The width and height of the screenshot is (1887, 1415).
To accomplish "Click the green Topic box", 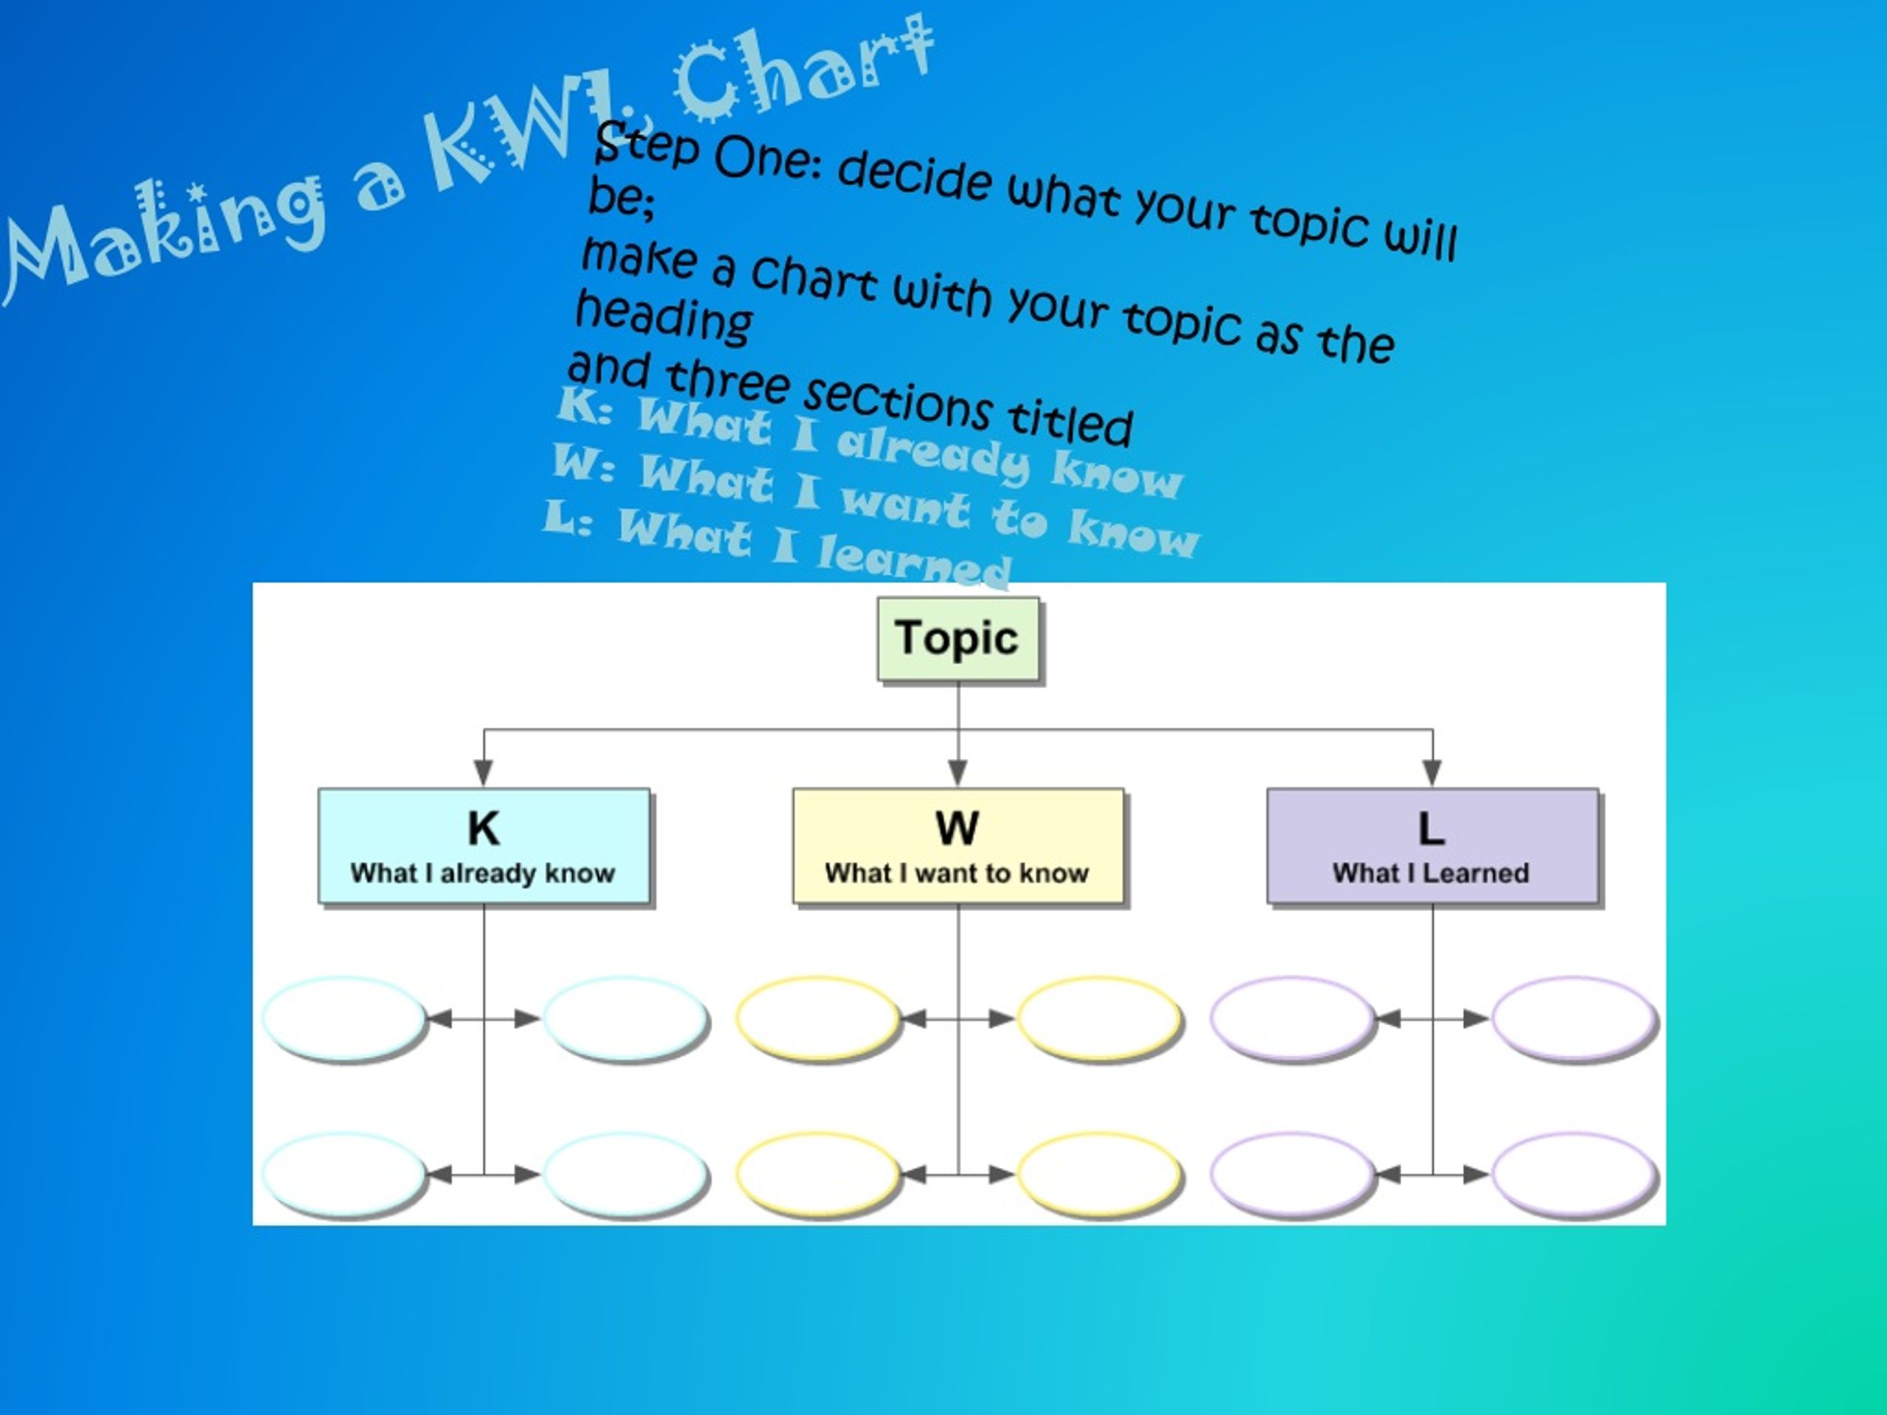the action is pyautogui.click(x=958, y=639).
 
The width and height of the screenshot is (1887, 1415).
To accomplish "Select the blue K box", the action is pyautogui.click(x=484, y=846).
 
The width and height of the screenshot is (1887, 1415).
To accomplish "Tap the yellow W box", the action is pyautogui.click(x=958, y=846).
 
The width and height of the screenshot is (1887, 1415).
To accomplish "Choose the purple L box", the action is pyautogui.click(x=1432, y=846).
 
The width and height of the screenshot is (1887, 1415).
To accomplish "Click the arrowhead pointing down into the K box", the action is pyautogui.click(x=484, y=773).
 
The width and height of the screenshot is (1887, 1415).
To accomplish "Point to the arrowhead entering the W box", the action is pyautogui.click(x=958, y=773).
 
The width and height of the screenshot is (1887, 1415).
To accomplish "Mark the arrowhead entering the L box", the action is pyautogui.click(x=1432, y=773).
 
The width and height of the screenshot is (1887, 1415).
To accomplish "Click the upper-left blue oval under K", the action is pyautogui.click(x=343, y=1019).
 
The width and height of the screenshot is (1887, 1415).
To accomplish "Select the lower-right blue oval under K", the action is pyautogui.click(x=625, y=1175).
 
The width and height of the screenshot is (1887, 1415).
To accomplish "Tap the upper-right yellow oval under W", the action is pyautogui.click(x=1100, y=1019).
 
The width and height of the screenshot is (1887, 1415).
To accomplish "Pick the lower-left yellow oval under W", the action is pyautogui.click(x=818, y=1175).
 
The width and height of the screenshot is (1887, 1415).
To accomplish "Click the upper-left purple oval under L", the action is pyautogui.click(x=1292, y=1019).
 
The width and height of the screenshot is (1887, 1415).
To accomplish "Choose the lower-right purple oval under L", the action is pyautogui.click(x=1574, y=1175).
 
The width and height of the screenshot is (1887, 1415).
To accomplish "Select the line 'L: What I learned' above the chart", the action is pyautogui.click(x=777, y=542).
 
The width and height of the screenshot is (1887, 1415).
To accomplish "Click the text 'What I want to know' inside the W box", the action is pyautogui.click(x=958, y=873).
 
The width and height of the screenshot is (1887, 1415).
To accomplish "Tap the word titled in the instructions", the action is pyautogui.click(x=1070, y=422).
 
